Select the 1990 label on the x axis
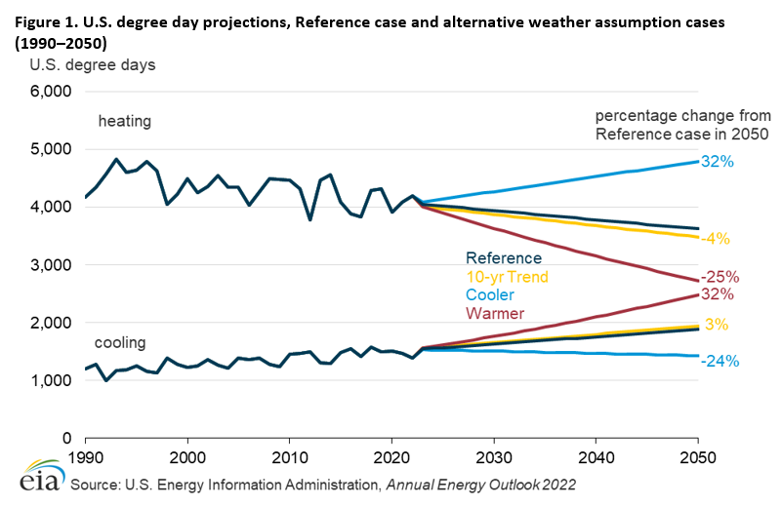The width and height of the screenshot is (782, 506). pos(86,456)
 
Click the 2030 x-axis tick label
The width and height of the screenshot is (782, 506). pos(493,456)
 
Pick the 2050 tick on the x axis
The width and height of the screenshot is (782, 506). pos(697,456)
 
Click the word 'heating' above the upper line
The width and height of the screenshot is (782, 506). pos(124,121)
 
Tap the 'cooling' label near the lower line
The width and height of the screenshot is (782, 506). pos(120,342)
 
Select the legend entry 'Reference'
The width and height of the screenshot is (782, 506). pos(503,258)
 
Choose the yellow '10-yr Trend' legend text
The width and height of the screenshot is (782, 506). pos(506,277)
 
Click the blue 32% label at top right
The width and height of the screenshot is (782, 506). pos(719,161)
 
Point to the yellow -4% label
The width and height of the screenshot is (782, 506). pos(719,238)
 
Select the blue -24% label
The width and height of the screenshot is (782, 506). pos(720,361)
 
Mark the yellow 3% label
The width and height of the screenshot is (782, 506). pos(718,325)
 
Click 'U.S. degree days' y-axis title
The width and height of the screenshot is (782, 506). pos(92,65)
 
